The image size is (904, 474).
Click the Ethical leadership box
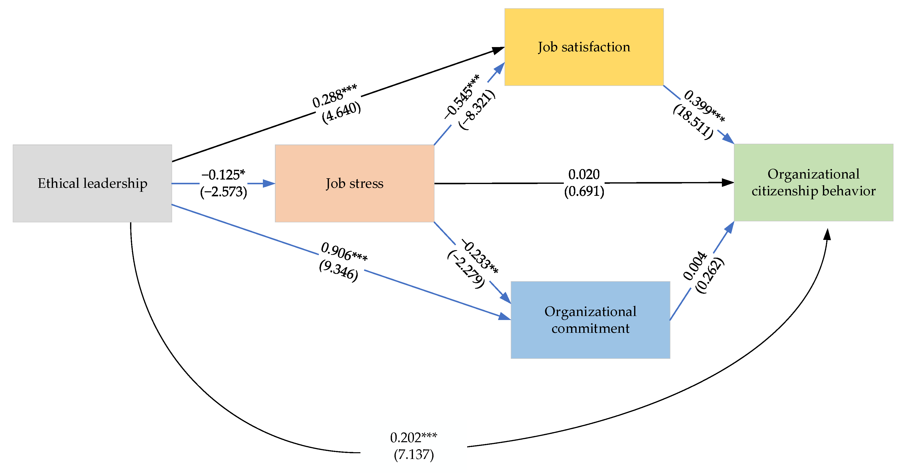tap(92, 184)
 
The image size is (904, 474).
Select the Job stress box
tap(354, 184)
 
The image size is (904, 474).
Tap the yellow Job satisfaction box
tap(584, 47)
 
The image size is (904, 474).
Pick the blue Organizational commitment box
tap(590, 320)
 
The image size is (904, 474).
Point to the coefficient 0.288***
tap(334, 96)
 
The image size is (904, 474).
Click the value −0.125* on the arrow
tap(223, 175)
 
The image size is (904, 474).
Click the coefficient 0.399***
tap(704, 106)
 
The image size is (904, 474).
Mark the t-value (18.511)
tap(693, 122)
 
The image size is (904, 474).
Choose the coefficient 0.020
tap(584, 174)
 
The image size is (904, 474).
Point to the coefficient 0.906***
tap(344, 252)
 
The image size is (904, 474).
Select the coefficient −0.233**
tap(479, 256)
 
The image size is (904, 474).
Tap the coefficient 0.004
tap(695, 266)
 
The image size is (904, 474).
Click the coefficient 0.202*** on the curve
tap(413, 438)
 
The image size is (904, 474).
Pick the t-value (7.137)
tap(413, 455)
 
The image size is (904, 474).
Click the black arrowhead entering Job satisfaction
tap(498, 50)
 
